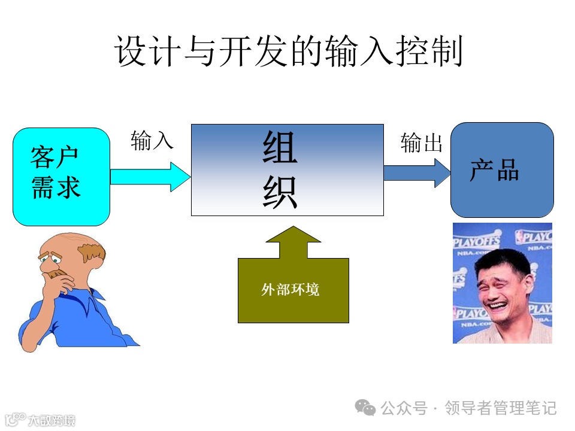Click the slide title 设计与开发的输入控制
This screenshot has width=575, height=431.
point(288,52)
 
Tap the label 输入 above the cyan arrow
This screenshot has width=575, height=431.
point(152,141)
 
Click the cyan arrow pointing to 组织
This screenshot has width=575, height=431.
point(150,177)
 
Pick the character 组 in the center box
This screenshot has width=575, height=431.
point(280,148)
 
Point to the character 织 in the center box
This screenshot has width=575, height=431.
point(280,193)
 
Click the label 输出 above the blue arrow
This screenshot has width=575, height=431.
point(421,143)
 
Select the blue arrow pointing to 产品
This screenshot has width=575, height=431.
point(416,172)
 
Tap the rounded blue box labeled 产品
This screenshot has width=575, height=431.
point(501,170)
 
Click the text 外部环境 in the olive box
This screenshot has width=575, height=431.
point(290,290)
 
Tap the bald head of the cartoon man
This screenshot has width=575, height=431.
point(69,242)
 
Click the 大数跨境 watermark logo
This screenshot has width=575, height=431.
point(39,420)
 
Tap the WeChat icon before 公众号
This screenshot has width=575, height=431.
point(365,408)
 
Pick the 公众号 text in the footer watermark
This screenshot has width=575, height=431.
point(404,408)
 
